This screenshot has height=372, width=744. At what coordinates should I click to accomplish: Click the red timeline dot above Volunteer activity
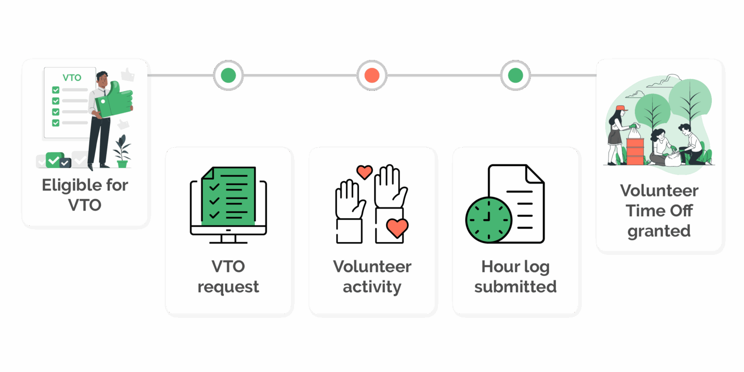372,75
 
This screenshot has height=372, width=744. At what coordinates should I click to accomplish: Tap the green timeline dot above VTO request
228,75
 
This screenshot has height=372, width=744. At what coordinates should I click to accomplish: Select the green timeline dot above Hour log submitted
515,75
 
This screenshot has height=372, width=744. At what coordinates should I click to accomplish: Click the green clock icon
489,220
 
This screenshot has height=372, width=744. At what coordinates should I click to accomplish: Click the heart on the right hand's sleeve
397,228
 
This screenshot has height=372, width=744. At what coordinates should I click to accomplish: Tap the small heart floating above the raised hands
365,172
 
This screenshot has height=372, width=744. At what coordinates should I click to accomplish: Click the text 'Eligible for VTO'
85,195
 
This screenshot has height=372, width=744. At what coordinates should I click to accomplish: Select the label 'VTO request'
228,276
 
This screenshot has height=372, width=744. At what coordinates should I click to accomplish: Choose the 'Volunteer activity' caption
372,276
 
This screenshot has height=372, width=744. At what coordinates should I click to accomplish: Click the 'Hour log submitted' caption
515,276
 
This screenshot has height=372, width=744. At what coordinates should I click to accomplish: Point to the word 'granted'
659,231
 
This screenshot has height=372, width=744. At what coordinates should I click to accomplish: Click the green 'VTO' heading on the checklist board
72,78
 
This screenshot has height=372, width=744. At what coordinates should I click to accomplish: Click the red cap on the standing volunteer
620,108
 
